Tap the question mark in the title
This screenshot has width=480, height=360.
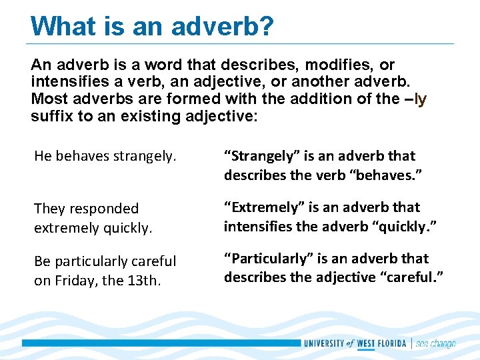[266, 26]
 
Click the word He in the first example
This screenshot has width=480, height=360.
[42, 156]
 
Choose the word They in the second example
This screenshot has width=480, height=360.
[49, 209]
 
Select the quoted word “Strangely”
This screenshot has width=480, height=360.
[262, 156]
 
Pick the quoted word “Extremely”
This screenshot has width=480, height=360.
[262, 207]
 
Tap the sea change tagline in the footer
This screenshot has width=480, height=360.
[436, 344]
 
